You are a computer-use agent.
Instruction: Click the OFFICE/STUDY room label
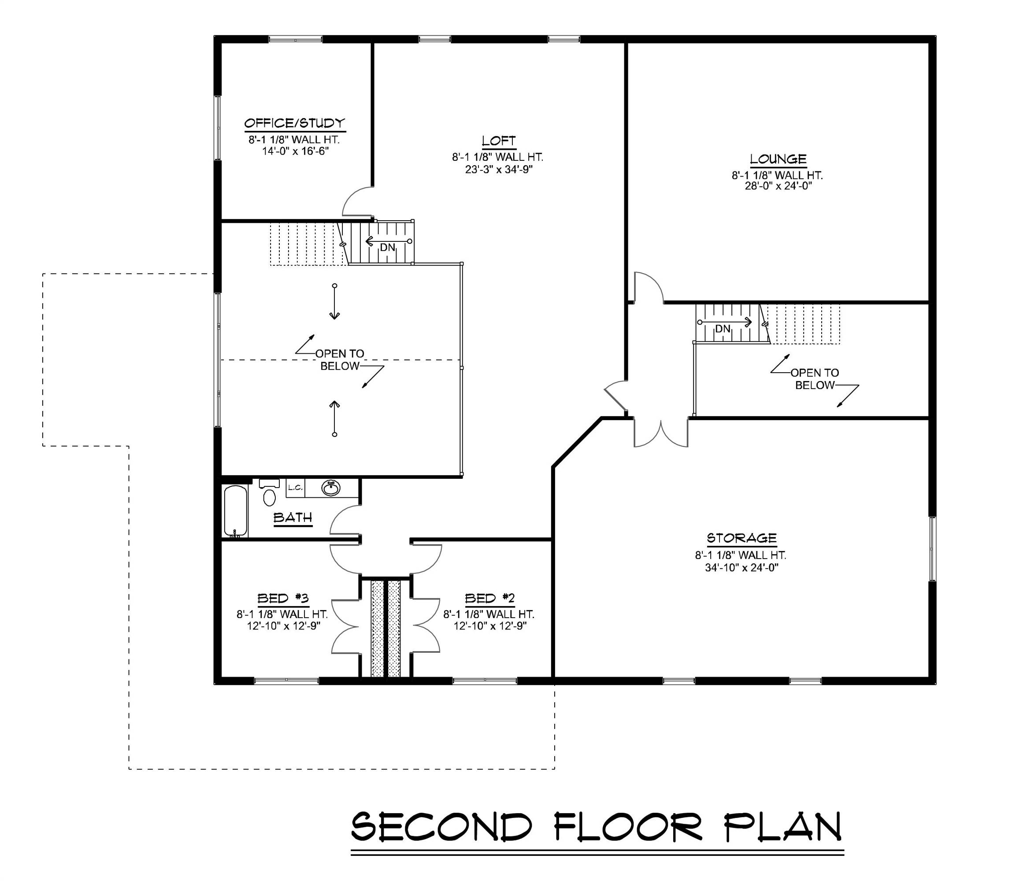tap(295, 123)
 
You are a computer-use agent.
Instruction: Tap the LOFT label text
tap(498, 141)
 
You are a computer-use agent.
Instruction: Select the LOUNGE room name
tap(778, 159)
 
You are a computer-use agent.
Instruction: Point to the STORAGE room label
tap(741, 538)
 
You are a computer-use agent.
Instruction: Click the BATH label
tap(293, 518)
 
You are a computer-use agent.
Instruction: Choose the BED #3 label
tap(283, 598)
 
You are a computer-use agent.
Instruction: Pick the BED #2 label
tap(489, 598)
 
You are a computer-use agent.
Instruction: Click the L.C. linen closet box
tap(295, 488)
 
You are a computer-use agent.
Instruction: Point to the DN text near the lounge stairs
tap(723, 329)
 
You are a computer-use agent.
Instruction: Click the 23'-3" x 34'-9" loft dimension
tap(499, 170)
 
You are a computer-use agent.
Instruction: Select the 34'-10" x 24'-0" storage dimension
tap(741, 568)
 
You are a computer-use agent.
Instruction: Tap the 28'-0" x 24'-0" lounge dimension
tap(778, 186)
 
